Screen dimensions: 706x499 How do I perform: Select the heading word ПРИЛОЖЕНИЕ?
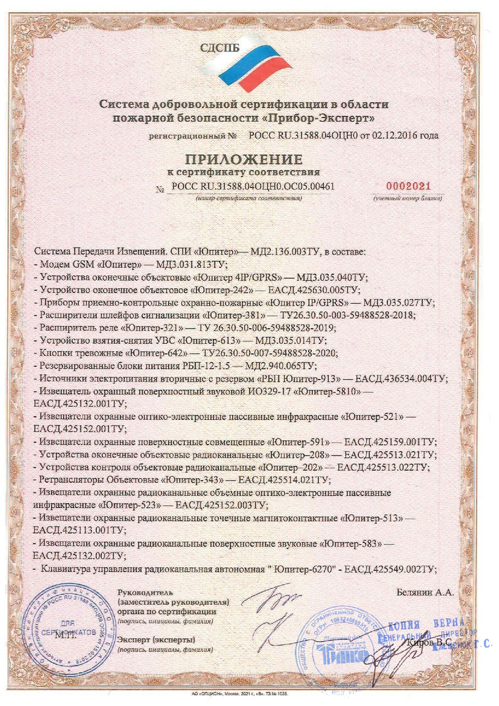point(243,160)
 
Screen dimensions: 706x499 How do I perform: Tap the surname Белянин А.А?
point(424,593)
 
